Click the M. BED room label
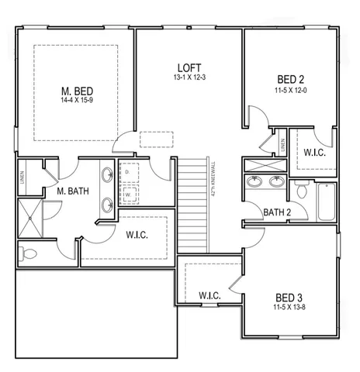(78, 90)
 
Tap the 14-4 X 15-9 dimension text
(78, 101)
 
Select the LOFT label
(189, 67)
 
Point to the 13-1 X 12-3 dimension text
(189, 77)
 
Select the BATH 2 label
(277, 212)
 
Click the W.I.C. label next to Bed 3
(212, 295)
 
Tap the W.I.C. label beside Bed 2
(314, 152)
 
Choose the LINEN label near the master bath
(21, 177)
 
